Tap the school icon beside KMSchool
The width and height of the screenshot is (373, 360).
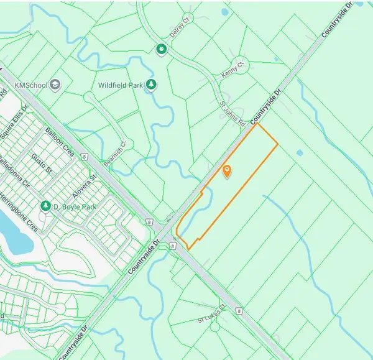click(x=55, y=84)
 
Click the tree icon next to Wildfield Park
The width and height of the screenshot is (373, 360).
click(x=150, y=84)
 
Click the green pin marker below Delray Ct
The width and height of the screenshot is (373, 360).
click(x=162, y=49)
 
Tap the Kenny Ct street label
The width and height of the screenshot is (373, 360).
click(x=234, y=68)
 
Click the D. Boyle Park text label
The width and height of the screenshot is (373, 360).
click(x=75, y=206)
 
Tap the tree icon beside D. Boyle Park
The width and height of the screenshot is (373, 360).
click(x=45, y=206)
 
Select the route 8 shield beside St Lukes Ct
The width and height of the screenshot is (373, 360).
click(x=239, y=310)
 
